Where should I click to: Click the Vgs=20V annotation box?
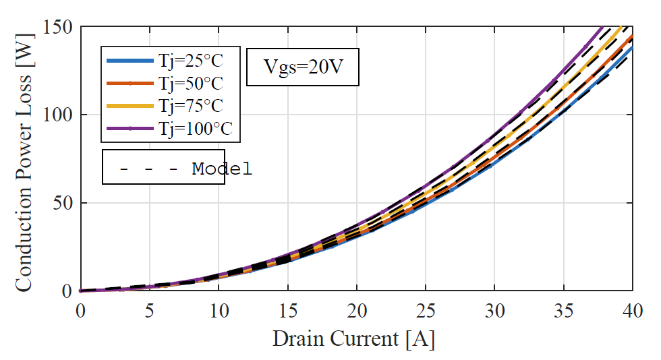pos(301,67)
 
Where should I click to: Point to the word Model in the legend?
pos(222,169)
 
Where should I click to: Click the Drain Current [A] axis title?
pos(353,338)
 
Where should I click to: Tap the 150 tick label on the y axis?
pos(59,27)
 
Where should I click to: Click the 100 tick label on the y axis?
pos(59,115)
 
